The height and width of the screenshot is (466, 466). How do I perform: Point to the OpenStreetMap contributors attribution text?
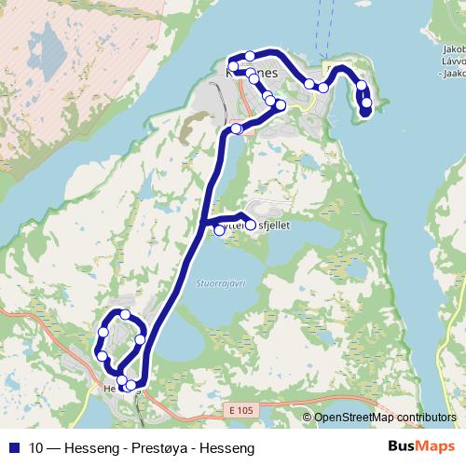point(384,418)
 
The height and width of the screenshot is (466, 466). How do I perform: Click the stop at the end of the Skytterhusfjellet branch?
point(251,225)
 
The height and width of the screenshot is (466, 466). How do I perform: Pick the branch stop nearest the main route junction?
point(219,229)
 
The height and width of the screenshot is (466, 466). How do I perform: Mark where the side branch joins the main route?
point(203,223)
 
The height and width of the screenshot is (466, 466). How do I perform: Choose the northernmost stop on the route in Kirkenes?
point(250,57)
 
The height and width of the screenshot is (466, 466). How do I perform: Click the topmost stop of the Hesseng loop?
point(124,314)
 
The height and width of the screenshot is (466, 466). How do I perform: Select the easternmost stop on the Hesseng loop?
point(140,339)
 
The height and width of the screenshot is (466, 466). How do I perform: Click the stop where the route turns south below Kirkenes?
point(236,129)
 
